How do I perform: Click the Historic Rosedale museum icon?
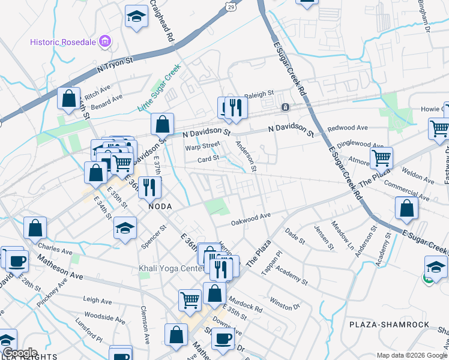106,41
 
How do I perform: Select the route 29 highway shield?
231,6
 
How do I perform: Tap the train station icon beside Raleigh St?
286,107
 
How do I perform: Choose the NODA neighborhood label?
160,206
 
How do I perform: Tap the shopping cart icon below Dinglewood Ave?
381,158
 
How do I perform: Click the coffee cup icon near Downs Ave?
224,338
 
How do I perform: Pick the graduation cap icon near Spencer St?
125,228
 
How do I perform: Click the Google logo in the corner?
19,353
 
